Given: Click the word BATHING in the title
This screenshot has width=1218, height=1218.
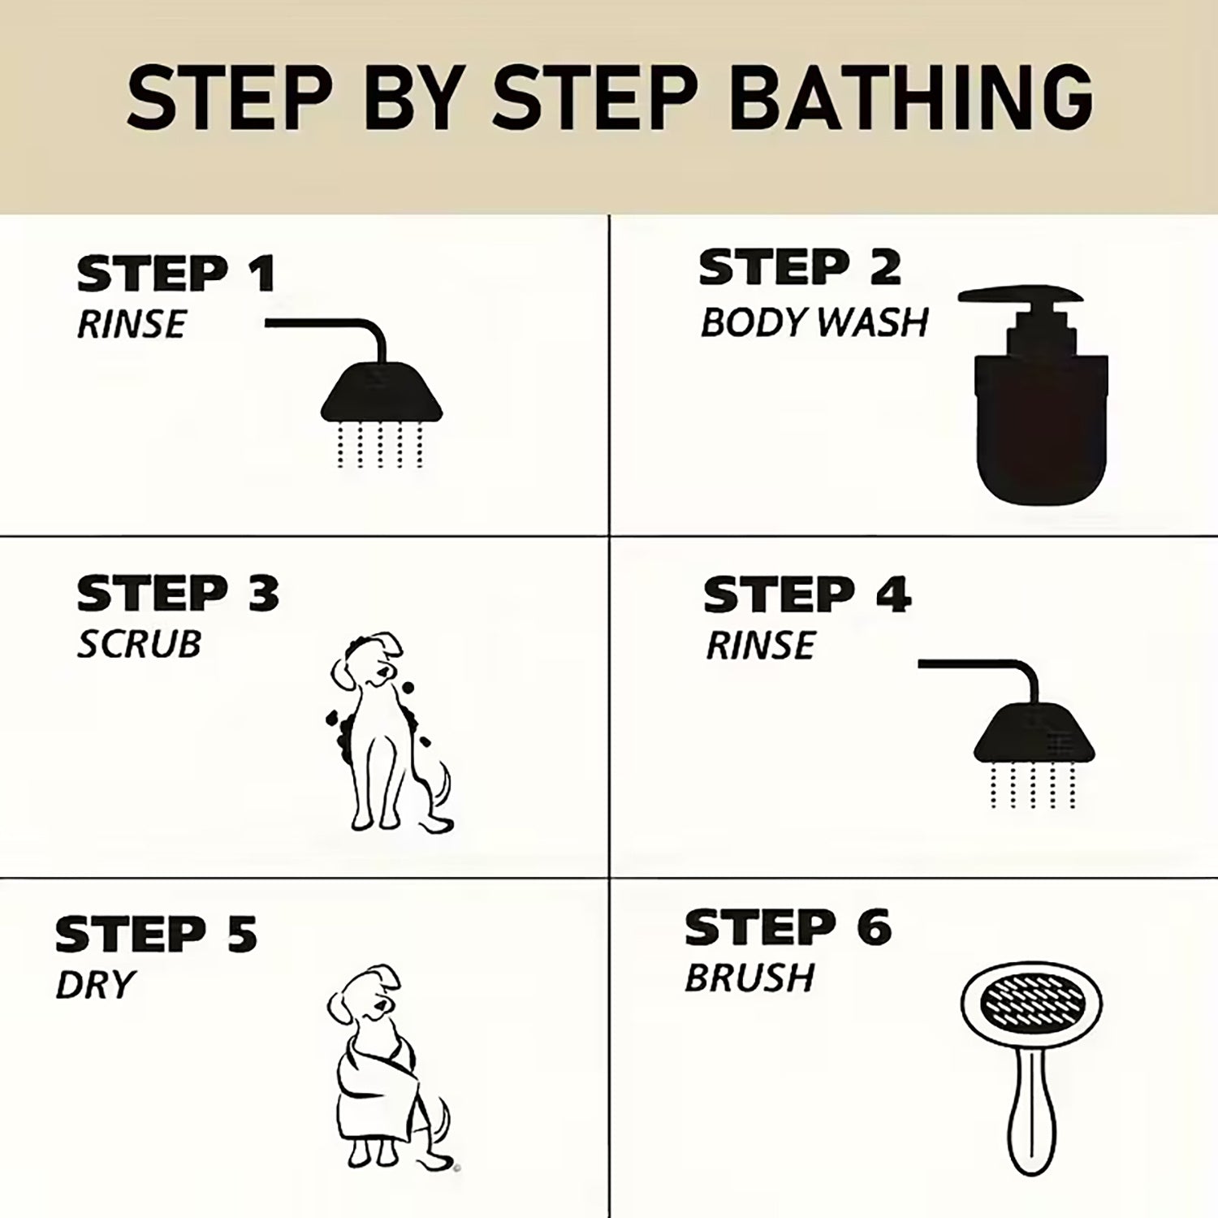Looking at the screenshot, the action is click(x=911, y=97).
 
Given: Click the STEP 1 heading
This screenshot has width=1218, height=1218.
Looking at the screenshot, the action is click(x=176, y=274).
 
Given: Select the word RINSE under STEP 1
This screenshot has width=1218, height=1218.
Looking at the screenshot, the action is click(x=132, y=324).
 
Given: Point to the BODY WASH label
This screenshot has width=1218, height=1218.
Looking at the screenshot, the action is click(x=814, y=322).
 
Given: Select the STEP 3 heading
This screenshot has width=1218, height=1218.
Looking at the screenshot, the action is click(x=178, y=594).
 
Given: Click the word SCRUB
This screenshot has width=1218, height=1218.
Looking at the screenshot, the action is click(x=139, y=644).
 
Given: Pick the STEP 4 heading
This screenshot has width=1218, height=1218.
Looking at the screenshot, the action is click(x=807, y=594).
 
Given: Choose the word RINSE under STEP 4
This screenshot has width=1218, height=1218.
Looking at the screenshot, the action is click(x=760, y=646).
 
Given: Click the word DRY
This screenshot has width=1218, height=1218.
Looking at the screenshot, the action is click(x=94, y=985).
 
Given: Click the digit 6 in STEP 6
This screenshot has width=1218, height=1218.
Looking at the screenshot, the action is click(x=874, y=927).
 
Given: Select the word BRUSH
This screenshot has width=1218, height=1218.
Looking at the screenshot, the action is click(x=749, y=978).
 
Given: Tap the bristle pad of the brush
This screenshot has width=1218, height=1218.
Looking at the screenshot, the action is click(x=1031, y=1004).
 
